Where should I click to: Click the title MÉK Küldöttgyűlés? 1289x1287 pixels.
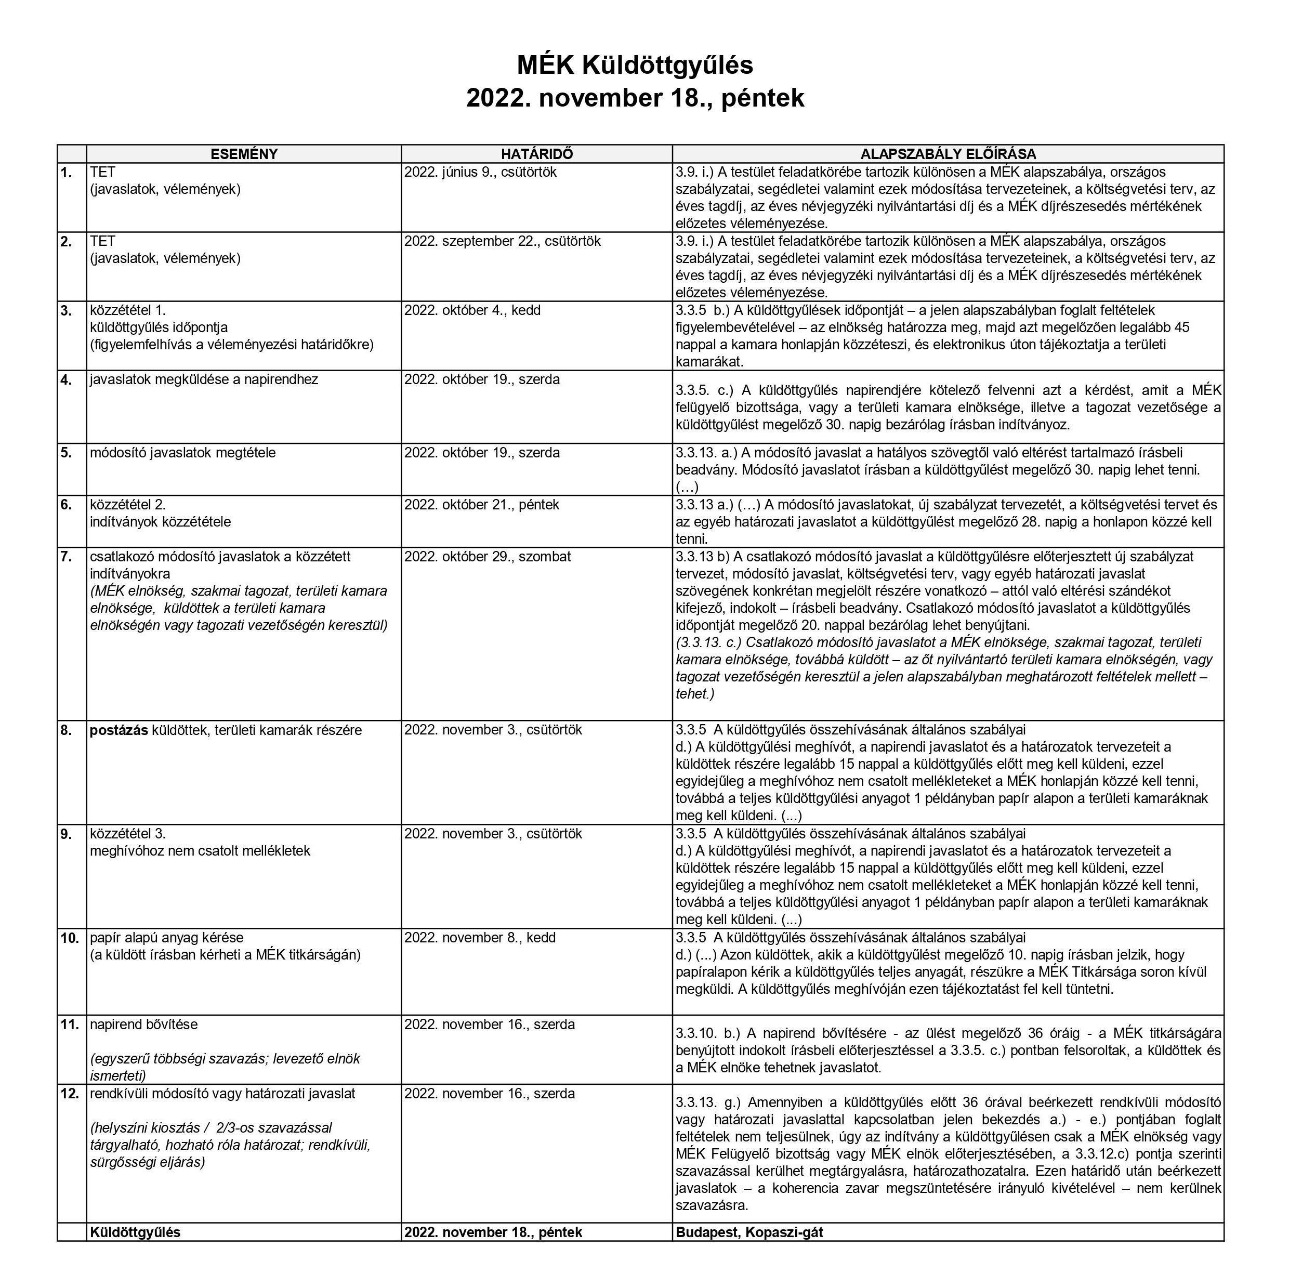tap(635, 65)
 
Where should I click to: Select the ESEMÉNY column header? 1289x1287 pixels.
tap(244, 154)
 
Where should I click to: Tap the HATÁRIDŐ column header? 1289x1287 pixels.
tap(536, 154)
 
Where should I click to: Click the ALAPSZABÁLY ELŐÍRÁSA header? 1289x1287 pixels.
tap(948, 154)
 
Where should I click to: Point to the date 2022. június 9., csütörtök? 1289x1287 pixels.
tap(480, 172)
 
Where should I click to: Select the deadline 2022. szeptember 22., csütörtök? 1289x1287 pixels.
tap(502, 242)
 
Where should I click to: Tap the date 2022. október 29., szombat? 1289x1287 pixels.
tap(487, 556)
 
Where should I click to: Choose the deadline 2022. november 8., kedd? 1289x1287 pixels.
tap(479, 937)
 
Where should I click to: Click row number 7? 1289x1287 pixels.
tap(66, 556)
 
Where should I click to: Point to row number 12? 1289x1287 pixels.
tap(69, 1094)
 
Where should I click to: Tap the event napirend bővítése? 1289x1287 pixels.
tap(143, 1024)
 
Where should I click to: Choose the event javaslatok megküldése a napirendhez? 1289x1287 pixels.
tap(204, 379)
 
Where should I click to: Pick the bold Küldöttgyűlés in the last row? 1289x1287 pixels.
tap(135, 1232)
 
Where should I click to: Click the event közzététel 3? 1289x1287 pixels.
tap(127, 834)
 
